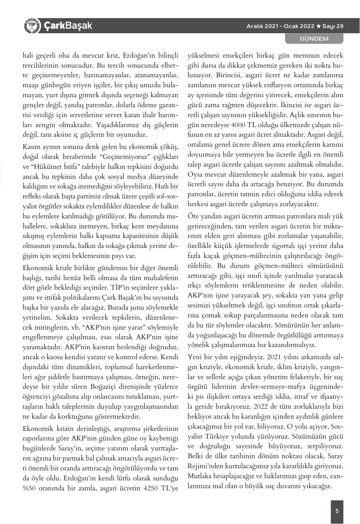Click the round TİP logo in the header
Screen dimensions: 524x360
click(31, 26)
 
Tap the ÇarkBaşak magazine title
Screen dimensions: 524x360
click(68, 26)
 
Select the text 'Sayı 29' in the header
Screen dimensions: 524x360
click(333, 26)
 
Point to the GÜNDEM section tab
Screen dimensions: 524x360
click(314, 38)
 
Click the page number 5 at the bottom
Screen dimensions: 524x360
click(337, 511)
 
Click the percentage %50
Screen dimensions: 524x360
click(31, 488)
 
